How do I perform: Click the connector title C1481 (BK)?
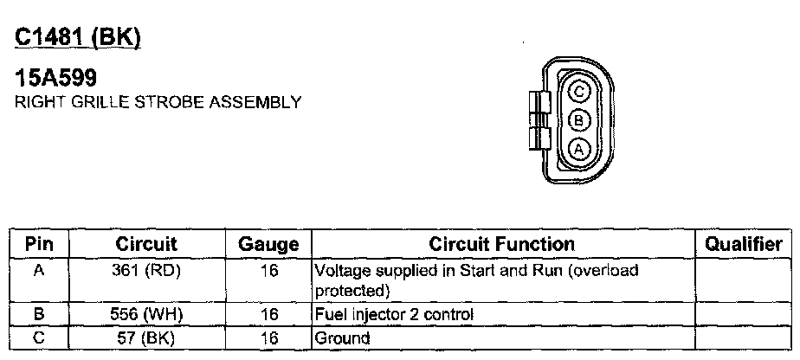[x=78, y=38]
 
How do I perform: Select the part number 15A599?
[x=56, y=79]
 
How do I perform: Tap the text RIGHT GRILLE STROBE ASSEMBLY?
[x=158, y=102]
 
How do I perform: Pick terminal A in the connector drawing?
[x=580, y=148]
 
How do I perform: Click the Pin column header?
[x=39, y=245]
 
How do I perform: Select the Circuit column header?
[x=146, y=245]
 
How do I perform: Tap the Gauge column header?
[x=268, y=245]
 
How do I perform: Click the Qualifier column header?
[x=743, y=245]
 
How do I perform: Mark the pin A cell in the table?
[x=39, y=271]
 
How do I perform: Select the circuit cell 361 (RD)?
[x=146, y=271]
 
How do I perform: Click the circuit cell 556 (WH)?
[x=146, y=314]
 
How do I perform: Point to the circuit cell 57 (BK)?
[x=146, y=337]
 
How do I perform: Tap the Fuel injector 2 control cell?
[x=394, y=314]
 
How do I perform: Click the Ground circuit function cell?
[x=343, y=337]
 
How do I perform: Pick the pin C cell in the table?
[x=39, y=337]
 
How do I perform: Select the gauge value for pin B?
[x=268, y=314]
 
